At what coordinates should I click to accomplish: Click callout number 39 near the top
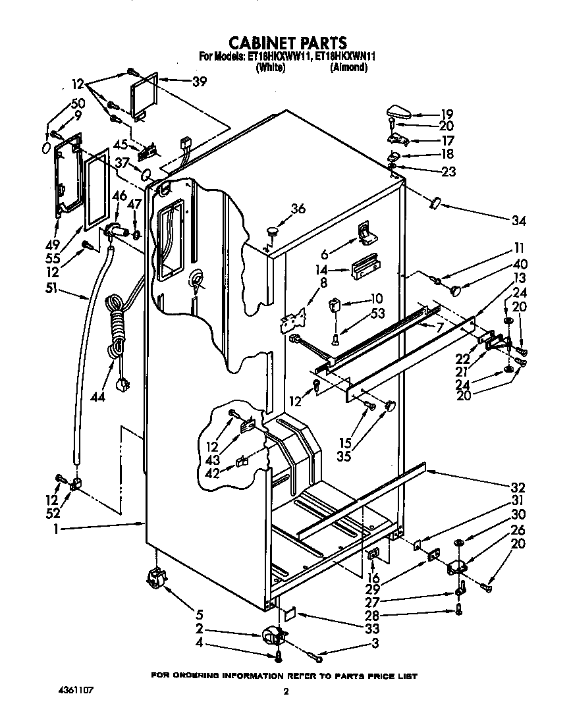click(x=199, y=82)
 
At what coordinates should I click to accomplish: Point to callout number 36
click(x=298, y=209)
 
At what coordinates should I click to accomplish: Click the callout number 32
click(x=518, y=488)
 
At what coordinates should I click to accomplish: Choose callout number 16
click(x=373, y=578)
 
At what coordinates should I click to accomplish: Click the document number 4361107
click(x=74, y=691)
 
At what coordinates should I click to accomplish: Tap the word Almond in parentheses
click(x=348, y=68)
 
